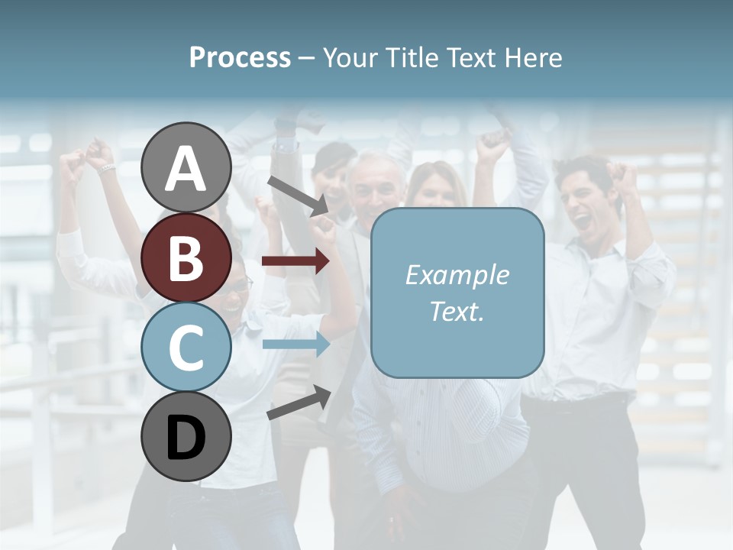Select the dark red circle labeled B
point(186,257)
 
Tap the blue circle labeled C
point(186,347)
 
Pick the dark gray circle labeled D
point(186,436)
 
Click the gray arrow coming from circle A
point(298,196)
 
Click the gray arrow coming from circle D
point(299,403)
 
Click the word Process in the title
point(240,57)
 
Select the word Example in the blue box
point(457,275)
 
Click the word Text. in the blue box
point(457,311)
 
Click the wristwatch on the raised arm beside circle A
point(106,168)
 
